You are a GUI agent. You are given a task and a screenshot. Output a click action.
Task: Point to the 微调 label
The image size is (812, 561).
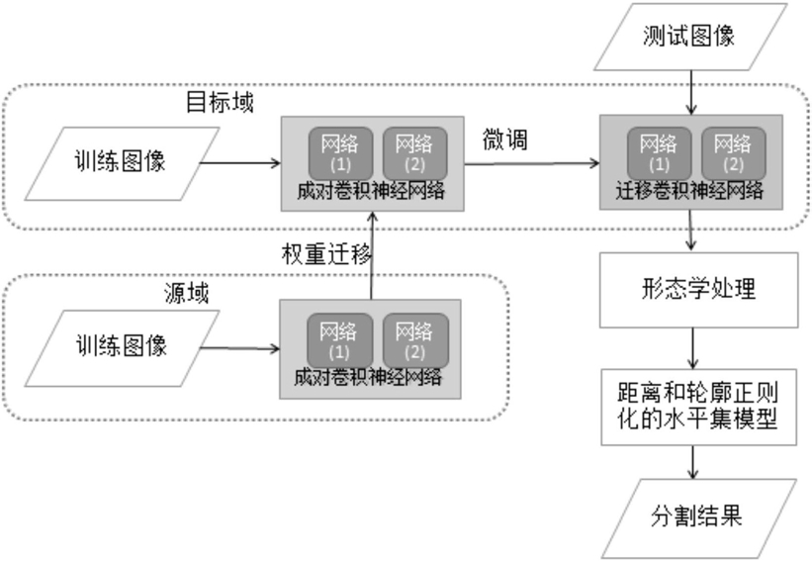pyautogui.click(x=504, y=139)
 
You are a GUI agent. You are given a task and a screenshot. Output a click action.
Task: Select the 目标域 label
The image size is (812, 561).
pyautogui.click(x=220, y=103)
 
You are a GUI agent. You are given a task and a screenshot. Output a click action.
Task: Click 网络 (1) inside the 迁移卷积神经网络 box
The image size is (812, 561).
pyautogui.click(x=660, y=150)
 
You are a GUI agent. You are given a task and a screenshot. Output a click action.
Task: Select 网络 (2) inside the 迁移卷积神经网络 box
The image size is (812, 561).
pyautogui.click(x=733, y=150)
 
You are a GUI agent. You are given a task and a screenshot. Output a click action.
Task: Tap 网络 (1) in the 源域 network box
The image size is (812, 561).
pyautogui.click(x=339, y=338)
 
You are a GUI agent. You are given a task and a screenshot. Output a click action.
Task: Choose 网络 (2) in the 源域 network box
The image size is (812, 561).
pyautogui.click(x=413, y=338)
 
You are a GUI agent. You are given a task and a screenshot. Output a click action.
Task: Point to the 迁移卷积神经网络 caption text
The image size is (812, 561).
pyautogui.click(x=690, y=191)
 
